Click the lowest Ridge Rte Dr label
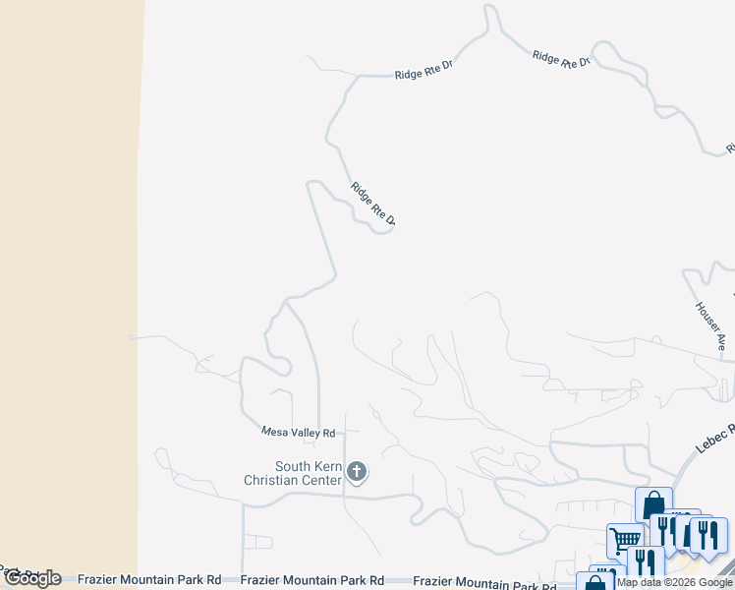[x=372, y=204]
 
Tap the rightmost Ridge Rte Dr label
[x=561, y=59]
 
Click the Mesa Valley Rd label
[x=299, y=432]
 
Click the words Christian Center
[x=294, y=480]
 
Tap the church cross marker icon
[x=357, y=473]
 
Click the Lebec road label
[x=715, y=439]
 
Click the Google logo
[x=32, y=578]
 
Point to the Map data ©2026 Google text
[x=675, y=582]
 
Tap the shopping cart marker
[x=624, y=540]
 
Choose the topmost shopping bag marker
[x=653, y=505]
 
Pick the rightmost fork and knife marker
[x=707, y=534]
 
